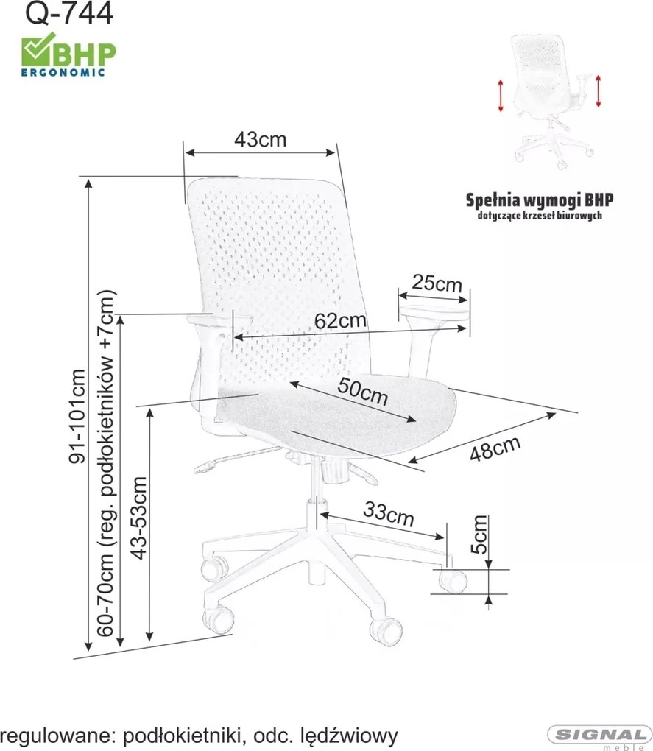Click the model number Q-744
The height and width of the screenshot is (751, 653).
click(69, 13)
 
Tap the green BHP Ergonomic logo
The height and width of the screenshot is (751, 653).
click(68, 54)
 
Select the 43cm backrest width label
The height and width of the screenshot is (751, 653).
click(261, 139)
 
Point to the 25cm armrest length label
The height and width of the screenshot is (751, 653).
click(437, 283)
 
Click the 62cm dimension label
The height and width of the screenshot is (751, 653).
click(340, 320)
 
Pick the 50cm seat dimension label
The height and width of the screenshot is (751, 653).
click(362, 391)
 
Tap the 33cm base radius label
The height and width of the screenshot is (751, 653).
click(388, 514)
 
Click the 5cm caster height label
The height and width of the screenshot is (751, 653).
click(479, 534)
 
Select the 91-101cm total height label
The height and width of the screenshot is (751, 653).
click(77, 416)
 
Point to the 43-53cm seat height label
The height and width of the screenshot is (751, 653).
click(138, 518)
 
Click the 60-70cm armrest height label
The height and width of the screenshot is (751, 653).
click(106, 462)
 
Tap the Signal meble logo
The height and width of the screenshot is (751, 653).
click(599, 736)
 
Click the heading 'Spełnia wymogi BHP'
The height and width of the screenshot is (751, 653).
click(540, 200)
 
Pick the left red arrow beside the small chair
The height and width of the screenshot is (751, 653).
click(501, 96)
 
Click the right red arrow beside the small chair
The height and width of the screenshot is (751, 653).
click(599, 91)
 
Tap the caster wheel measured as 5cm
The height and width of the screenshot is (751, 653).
click(453, 580)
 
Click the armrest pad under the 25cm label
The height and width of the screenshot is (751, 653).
click(434, 311)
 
